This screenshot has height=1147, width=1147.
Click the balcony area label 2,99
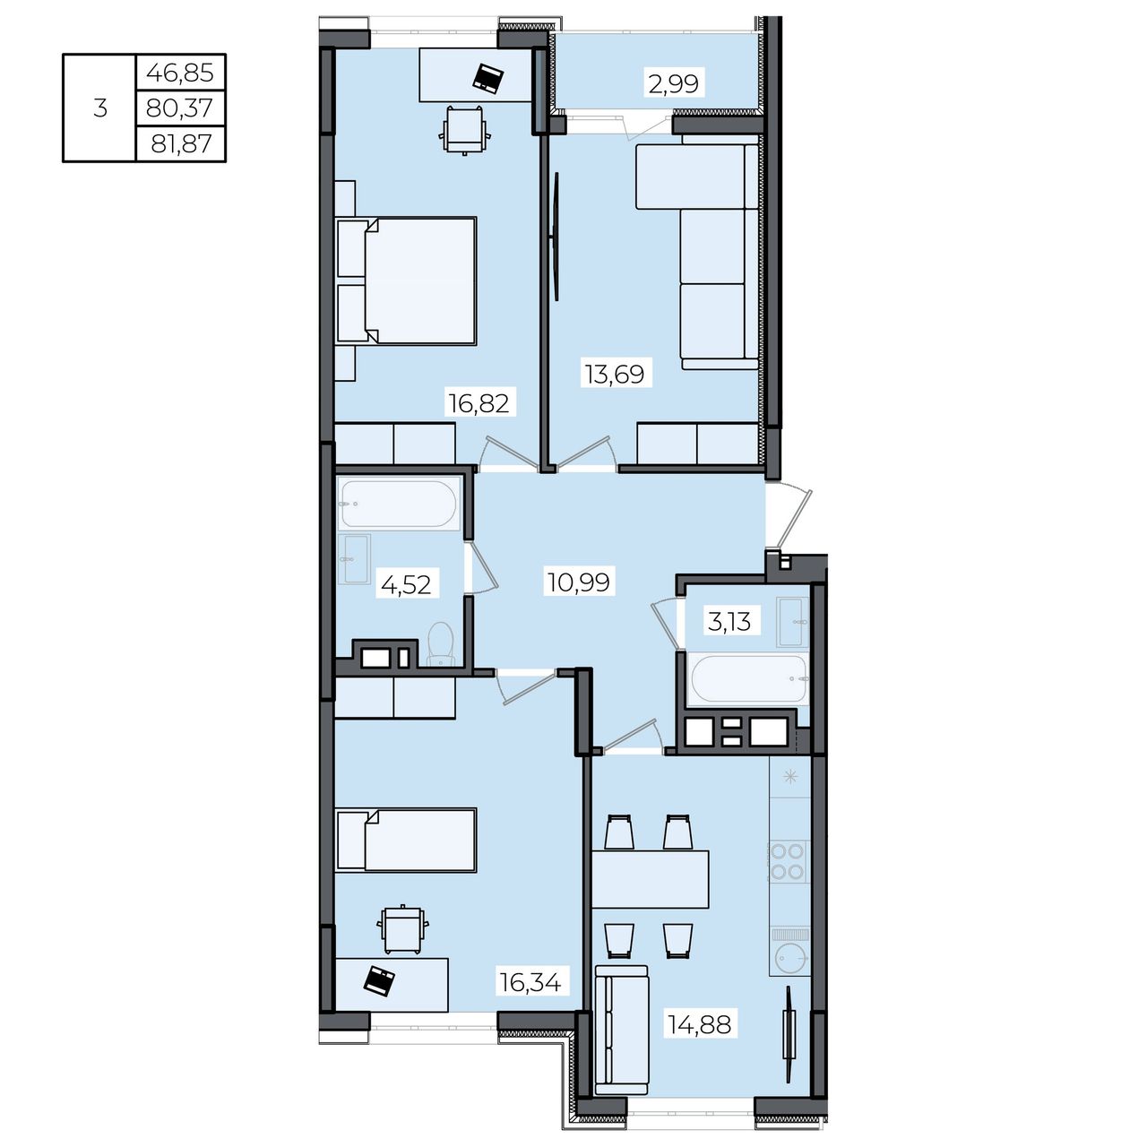pos(673,84)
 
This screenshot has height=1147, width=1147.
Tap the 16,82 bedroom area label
pos(479,403)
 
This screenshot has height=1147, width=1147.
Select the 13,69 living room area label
pos(615,375)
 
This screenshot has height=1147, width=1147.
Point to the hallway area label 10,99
pos(579,582)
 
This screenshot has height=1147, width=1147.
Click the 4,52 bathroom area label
pos(406,585)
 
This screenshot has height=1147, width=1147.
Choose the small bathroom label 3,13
pos(729,622)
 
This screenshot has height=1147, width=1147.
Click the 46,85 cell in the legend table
pos(180,73)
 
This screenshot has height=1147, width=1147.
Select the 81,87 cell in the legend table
pos(181,144)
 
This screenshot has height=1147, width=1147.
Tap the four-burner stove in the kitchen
pos(788,861)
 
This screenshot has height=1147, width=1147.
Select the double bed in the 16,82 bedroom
pos(406,281)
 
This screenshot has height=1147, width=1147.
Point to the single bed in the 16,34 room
pos(406,840)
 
